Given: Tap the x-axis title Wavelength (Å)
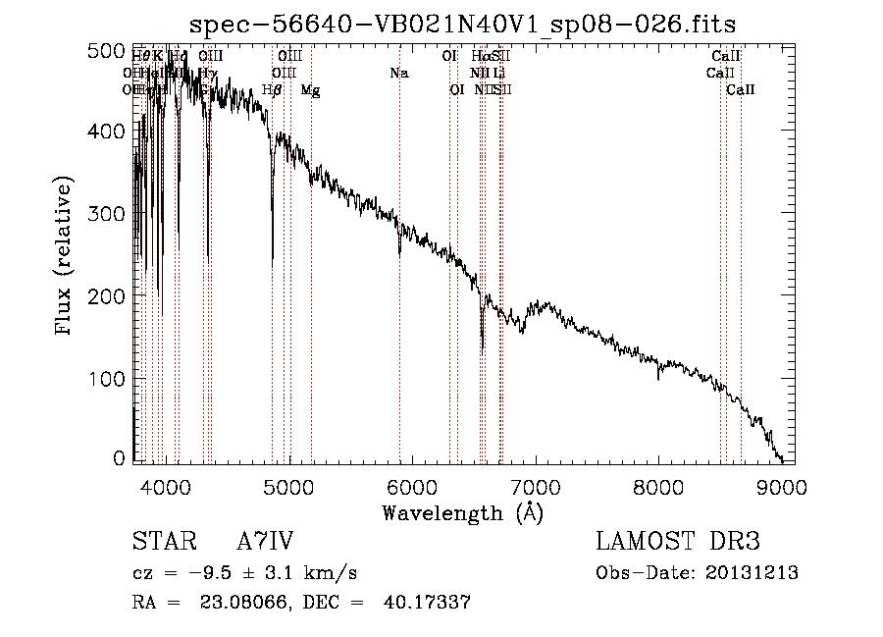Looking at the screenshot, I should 462,512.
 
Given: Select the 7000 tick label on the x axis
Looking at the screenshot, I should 536,485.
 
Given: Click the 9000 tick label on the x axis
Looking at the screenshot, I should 782,485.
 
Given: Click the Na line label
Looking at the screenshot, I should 398,73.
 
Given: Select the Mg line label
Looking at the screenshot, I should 310,90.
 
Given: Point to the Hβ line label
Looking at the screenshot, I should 272,90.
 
